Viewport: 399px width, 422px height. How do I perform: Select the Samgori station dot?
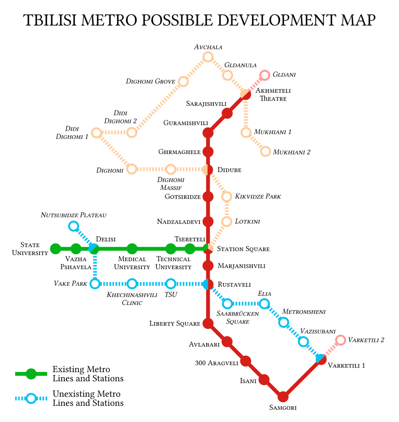[283, 397]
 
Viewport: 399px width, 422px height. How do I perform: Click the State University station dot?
[56, 249]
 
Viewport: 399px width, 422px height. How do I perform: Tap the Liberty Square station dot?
[208, 323]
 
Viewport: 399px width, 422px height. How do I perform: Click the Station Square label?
[243, 249]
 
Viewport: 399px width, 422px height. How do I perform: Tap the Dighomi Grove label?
[150, 81]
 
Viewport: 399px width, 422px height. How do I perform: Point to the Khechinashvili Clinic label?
[132, 299]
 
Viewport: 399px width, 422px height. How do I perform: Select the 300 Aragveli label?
[216, 363]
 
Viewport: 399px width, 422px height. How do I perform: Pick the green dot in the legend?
[31, 374]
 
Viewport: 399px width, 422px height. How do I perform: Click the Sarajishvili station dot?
[227, 113]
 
